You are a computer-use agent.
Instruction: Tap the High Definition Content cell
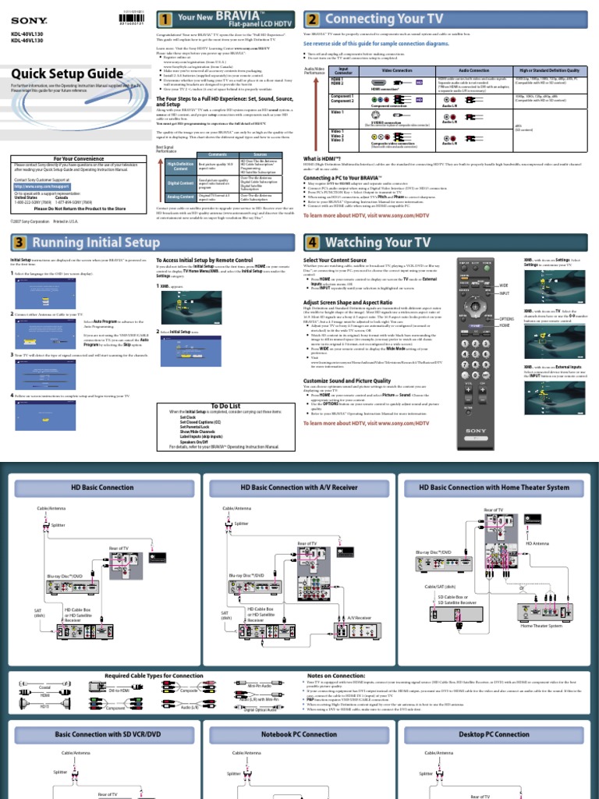click(180, 166)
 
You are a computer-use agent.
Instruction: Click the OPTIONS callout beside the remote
click(508, 319)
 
